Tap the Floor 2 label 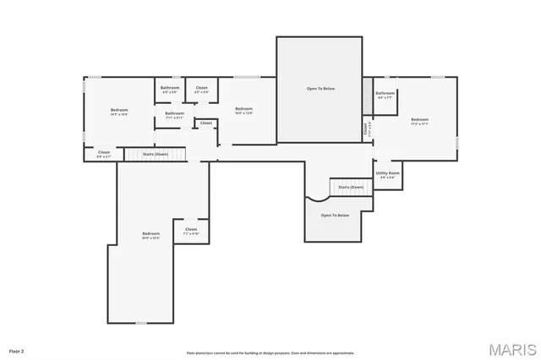pyautogui.click(x=17, y=350)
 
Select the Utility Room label pyautogui.click(x=388, y=174)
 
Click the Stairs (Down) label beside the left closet pyautogui.click(x=154, y=155)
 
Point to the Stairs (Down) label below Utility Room pyautogui.click(x=351, y=187)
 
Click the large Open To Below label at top pyautogui.click(x=320, y=88)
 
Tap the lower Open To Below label pyautogui.click(x=335, y=215)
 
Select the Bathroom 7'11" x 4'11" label pyautogui.click(x=175, y=114)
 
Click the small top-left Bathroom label pyautogui.click(x=169, y=89)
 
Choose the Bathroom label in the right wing pyautogui.click(x=385, y=95)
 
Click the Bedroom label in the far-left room pyautogui.click(x=119, y=112)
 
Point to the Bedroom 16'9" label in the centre pyautogui.click(x=243, y=110)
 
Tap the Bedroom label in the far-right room pyautogui.click(x=419, y=121)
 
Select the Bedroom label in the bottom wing pyautogui.click(x=150, y=235)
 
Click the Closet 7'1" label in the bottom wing pyautogui.click(x=191, y=231)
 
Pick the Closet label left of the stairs pyautogui.click(x=103, y=154)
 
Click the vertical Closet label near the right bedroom pyautogui.click(x=367, y=129)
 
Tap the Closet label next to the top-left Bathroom pyautogui.click(x=202, y=89)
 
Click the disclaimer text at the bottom pyautogui.click(x=270, y=353)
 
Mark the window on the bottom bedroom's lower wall pyautogui.click(x=141, y=323)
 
